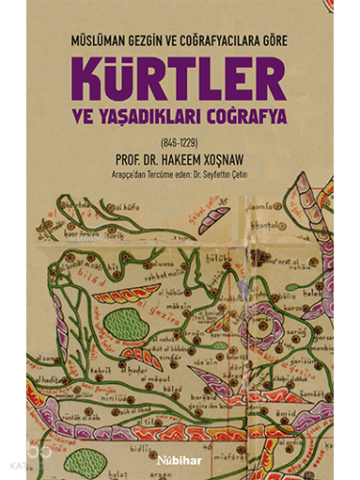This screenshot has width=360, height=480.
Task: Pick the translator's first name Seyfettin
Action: [239, 177]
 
